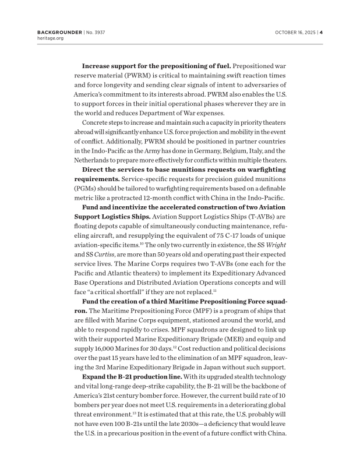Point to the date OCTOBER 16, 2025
295,32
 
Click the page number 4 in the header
321,32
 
